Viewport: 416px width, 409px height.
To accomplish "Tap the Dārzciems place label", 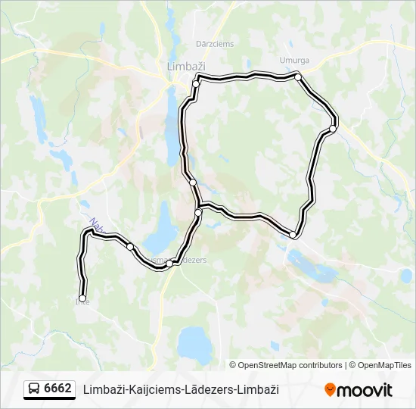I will [215, 44].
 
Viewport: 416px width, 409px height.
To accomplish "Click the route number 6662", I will [57, 389].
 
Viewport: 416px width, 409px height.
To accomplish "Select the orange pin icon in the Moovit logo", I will [330, 389].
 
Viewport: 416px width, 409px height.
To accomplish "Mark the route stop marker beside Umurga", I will [299, 77].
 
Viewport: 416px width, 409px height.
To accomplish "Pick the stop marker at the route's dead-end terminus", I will [82, 298].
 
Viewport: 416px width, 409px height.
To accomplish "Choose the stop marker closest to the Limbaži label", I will [196, 84].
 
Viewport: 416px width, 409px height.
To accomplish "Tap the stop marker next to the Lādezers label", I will [172, 263].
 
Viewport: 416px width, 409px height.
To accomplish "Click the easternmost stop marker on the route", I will [333, 129].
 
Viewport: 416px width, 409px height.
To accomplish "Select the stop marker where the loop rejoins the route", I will [198, 213].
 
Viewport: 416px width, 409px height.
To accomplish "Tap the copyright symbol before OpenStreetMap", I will [233, 365].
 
